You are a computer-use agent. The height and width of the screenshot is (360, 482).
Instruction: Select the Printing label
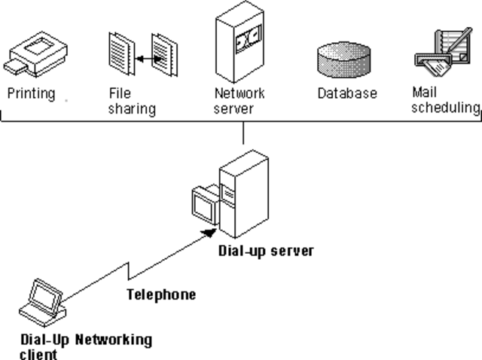click(x=31, y=94)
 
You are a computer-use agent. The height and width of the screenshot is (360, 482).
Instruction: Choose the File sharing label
click(x=132, y=102)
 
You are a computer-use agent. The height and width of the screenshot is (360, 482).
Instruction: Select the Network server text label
click(x=239, y=102)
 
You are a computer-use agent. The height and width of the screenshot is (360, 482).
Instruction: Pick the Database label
click(x=346, y=94)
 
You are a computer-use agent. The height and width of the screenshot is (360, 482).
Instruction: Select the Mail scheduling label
click(x=445, y=102)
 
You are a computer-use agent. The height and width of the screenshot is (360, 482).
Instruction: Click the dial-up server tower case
click(x=245, y=192)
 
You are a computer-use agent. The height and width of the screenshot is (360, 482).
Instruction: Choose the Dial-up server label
click(x=266, y=250)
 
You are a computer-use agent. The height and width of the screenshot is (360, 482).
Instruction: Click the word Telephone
click(x=160, y=294)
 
